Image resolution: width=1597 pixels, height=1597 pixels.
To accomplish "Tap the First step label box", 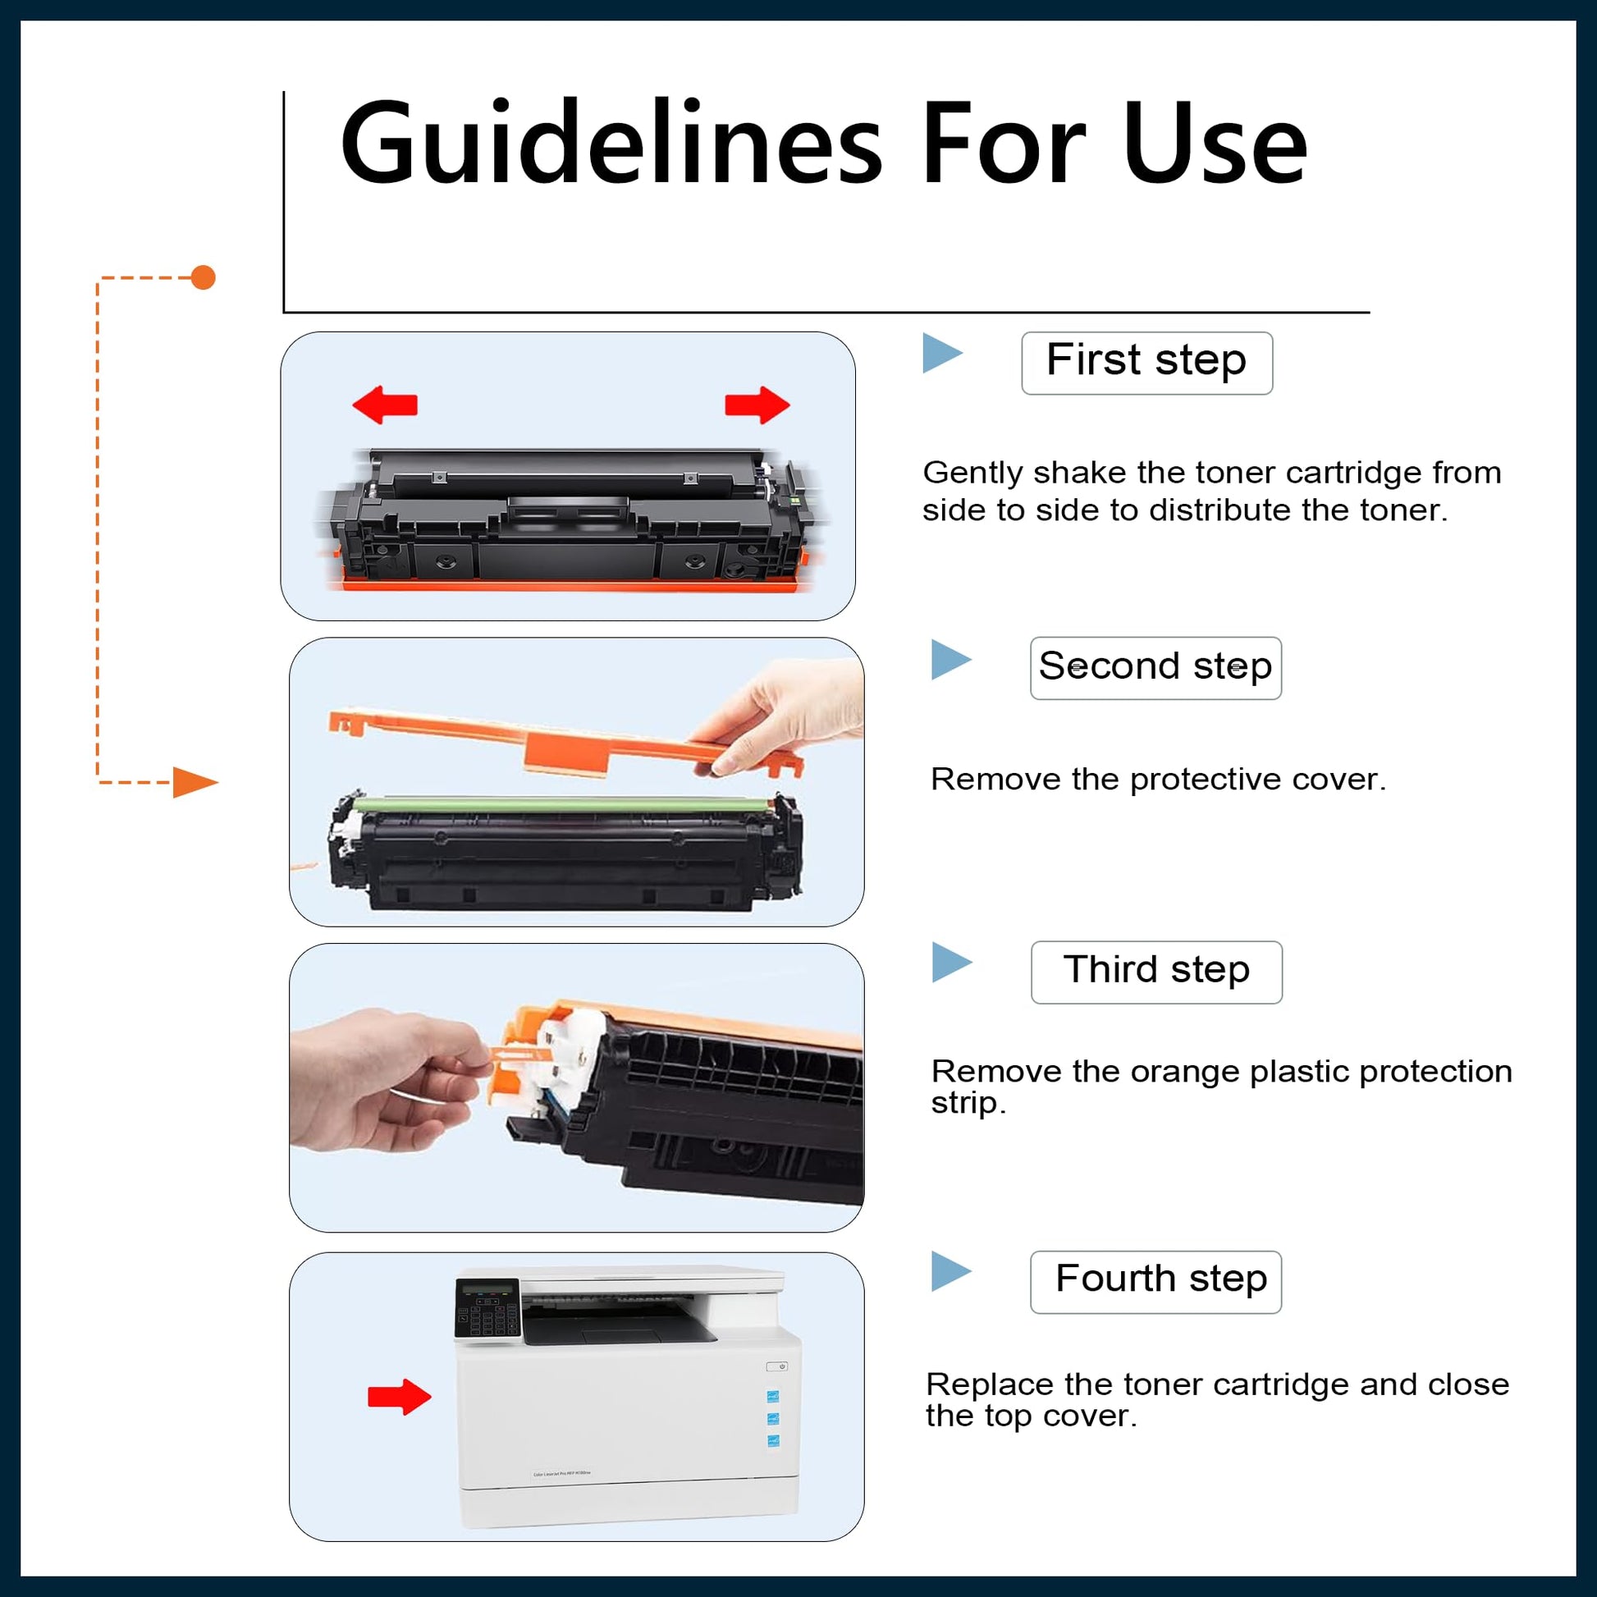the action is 1146,363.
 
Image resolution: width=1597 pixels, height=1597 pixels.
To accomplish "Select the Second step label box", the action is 1155,668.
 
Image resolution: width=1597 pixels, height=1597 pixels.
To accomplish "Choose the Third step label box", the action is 1156,972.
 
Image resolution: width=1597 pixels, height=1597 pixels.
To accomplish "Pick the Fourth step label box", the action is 1155,1282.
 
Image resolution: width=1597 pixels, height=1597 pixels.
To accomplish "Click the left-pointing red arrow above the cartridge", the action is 384,405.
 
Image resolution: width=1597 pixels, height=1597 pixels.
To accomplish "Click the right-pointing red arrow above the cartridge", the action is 757,405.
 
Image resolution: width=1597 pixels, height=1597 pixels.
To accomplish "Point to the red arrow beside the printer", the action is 399,1397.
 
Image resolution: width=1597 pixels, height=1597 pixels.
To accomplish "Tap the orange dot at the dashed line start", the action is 204,277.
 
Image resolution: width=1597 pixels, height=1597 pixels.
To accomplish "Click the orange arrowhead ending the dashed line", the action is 195,782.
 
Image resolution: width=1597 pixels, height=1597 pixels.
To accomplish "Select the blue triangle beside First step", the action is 942,353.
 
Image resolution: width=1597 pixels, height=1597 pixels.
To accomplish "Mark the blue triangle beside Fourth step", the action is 951,1271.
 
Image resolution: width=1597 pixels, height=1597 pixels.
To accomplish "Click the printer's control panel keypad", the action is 487,1308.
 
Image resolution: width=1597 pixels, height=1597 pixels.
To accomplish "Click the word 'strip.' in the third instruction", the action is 968,1104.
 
